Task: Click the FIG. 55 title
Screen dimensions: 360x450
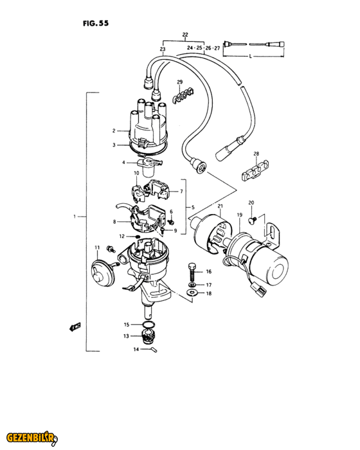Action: (x=96, y=23)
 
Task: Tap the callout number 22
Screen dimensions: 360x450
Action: (x=185, y=35)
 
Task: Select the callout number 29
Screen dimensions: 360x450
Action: (x=180, y=82)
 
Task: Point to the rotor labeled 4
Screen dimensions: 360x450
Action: (x=150, y=166)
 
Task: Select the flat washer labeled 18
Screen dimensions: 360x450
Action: (x=191, y=293)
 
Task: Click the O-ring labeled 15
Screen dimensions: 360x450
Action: (x=148, y=325)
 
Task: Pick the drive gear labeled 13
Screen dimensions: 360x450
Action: (x=148, y=336)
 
